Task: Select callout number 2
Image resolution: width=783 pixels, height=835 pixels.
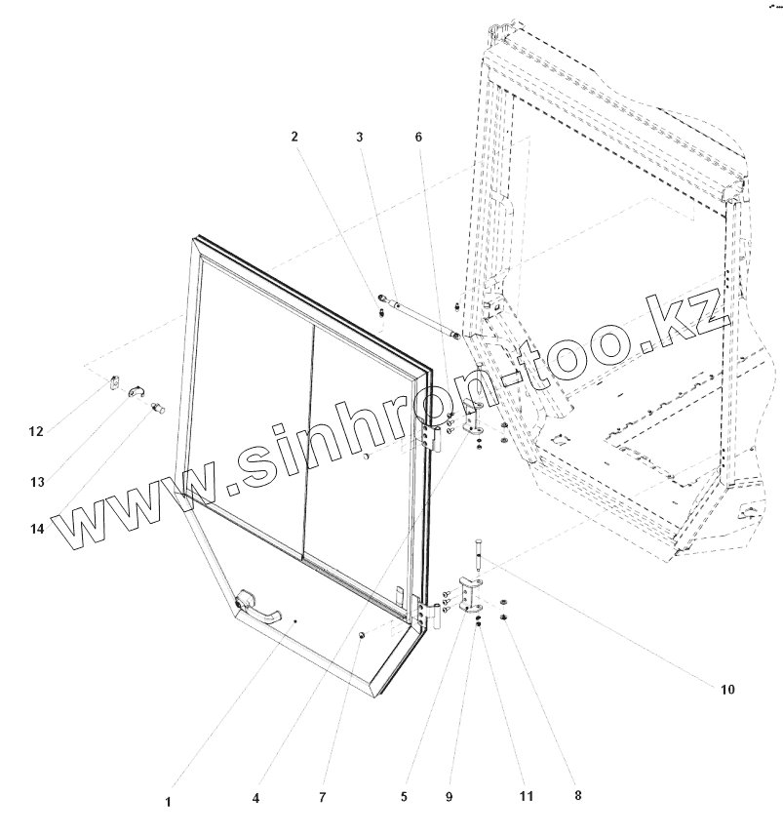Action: (x=294, y=138)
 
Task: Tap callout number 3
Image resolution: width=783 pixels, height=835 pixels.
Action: (x=360, y=138)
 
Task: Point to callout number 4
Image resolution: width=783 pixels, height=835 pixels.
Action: (x=255, y=797)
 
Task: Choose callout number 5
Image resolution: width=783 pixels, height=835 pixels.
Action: (x=403, y=796)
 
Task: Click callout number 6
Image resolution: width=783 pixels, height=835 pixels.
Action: (x=418, y=138)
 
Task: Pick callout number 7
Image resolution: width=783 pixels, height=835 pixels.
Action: (x=323, y=797)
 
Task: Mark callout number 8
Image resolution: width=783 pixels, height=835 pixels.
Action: (x=577, y=795)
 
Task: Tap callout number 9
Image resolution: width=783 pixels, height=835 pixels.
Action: (x=450, y=797)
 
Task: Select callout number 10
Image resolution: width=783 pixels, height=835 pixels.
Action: (x=726, y=689)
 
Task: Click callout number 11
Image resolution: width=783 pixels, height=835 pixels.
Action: (x=526, y=797)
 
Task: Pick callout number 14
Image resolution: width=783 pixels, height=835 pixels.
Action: (x=37, y=528)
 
